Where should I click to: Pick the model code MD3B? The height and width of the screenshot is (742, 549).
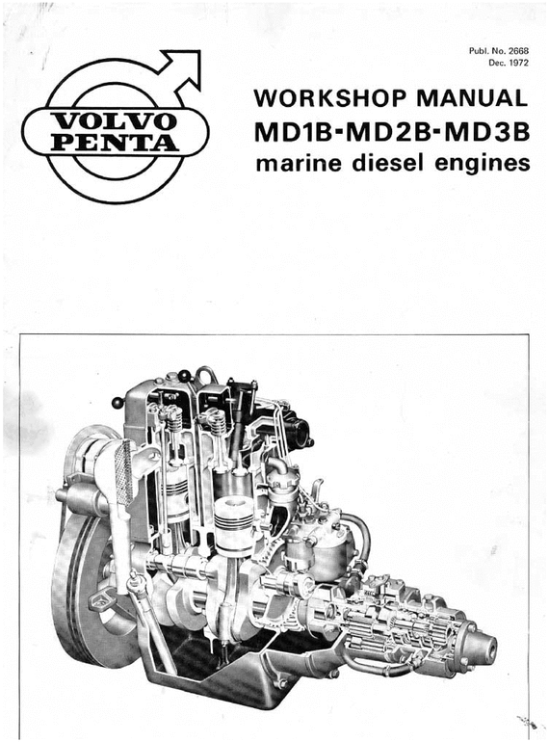[486, 131]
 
